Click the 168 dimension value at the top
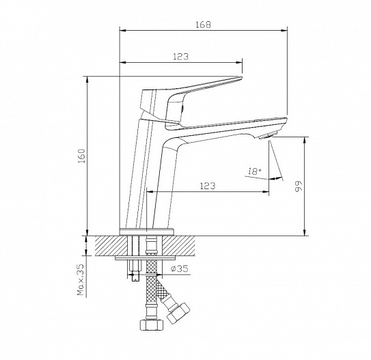203,25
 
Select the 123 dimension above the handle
181,57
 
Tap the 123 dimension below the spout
208,186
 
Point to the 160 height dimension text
82,156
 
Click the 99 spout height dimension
299,186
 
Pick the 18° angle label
255,171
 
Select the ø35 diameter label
180,268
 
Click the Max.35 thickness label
81,280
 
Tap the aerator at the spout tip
267,136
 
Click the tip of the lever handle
241,78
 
